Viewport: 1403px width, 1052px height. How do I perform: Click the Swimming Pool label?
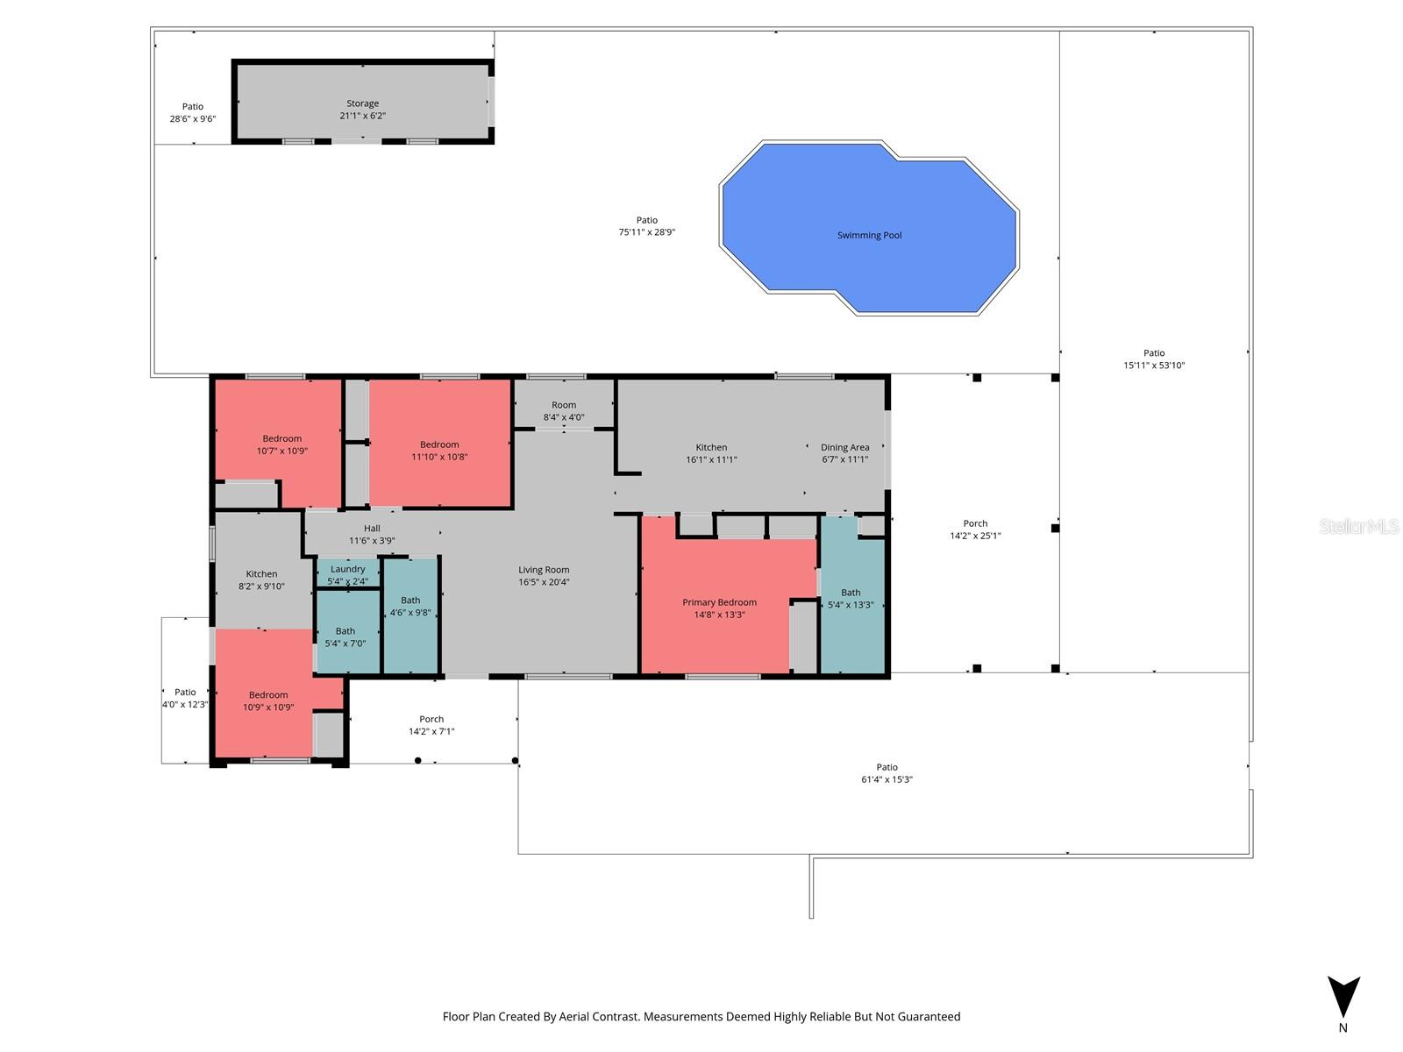click(x=869, y=235)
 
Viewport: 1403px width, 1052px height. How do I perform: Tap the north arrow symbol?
click(x=1342, y=998)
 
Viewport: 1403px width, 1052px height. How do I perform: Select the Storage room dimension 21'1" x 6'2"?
click(x=362, y=116)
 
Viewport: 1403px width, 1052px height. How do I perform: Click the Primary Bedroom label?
click(x=719, y=602)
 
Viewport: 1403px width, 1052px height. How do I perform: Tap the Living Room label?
click(x=544, y=570)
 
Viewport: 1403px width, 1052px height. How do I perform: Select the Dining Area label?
click(x=844, y=447)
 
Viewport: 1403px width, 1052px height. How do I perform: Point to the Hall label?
click(x=372, y=529)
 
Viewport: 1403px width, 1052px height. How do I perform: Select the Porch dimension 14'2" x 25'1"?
click(x=975, y=536)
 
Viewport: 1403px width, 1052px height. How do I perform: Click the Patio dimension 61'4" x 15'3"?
click(x=887, y=779)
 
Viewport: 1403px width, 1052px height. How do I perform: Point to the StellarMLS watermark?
click(x=1358, y=526)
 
